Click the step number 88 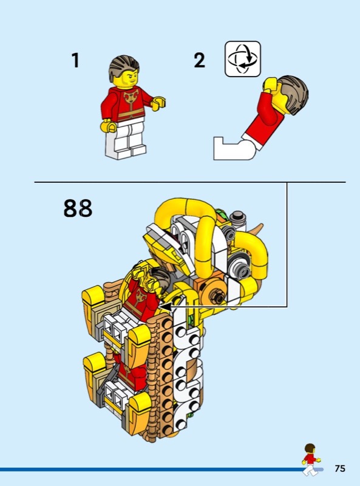[x=78, y=208]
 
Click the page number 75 [x=340, y=468]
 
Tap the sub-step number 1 [x=76, y=60]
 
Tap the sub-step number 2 [x=200, y=60]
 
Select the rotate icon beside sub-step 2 [x=243, y=59]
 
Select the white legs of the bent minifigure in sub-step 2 [x=236, y=148]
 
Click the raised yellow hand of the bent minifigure [x=270, y=84]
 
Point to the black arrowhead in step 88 [x=166, y=307]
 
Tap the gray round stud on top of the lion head [x=238, y=218]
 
